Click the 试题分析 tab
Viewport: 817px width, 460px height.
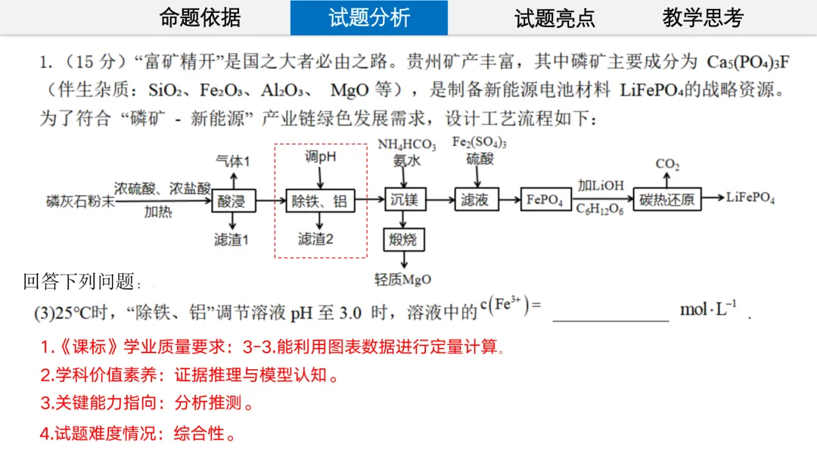(x=369, y=18)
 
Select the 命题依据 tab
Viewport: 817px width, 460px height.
(x=200, y=18)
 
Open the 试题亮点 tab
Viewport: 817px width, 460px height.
(x=555, y=18)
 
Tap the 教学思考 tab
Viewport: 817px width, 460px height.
(x=703, y=18)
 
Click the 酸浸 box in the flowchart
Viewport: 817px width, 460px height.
(x=233, y=200)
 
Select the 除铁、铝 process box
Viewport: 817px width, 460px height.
(x=319, y=200)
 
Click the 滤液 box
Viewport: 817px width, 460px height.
(x=476, y=200)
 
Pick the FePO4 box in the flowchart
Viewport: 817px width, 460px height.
(x=545, y=200)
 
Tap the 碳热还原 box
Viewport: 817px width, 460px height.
(x=666, y=200)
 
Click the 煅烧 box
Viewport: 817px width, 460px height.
(x=403, y=241)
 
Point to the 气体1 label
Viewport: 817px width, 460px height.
(x=232, y=161)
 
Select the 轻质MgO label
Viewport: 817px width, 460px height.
(x=403, y=280)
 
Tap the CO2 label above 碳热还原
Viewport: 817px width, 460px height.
(x=667, y=164)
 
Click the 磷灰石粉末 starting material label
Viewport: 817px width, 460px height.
(x=80, y=200)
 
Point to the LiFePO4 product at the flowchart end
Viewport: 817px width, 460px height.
(x=750, y=198)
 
